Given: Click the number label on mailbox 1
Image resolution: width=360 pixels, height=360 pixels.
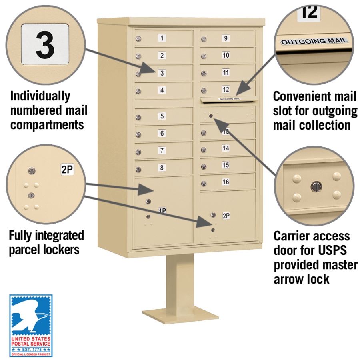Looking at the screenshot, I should [162, 38].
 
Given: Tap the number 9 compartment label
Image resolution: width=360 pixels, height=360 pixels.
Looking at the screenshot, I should [226, 38].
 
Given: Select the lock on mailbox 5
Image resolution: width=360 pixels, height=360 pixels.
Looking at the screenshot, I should [138, 118].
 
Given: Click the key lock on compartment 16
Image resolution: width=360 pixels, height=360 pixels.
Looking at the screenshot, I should [204, 184].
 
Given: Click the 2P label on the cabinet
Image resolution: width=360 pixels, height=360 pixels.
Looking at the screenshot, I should [226, 216].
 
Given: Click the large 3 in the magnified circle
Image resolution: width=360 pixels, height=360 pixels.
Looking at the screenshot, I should [45, 45].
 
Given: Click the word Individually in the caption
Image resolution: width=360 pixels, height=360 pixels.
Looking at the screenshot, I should [40, 96].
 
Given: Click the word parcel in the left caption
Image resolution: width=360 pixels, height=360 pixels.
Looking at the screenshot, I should [28, 250].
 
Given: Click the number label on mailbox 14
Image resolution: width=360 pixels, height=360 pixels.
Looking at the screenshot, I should [226, 148].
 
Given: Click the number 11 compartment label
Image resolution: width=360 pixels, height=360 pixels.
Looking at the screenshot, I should [226, 72].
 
